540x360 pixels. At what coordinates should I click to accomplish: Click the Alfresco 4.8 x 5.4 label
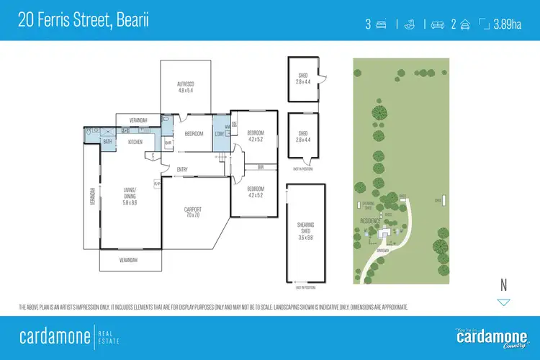tap(186, 87)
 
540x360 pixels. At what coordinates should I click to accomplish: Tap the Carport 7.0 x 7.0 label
tap(193, 212)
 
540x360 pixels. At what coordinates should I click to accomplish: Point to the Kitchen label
tap(135, 143)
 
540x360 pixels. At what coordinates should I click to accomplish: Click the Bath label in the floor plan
tap(107, 143)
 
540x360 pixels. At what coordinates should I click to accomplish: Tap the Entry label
tap(182, 170)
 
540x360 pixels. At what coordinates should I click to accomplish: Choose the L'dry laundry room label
tap(219, 134)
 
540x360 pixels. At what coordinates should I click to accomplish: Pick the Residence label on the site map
tap(369, 222)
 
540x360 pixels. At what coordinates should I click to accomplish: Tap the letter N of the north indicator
tap(504, 286)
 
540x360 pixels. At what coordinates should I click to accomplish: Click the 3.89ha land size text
tap(507, 24)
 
